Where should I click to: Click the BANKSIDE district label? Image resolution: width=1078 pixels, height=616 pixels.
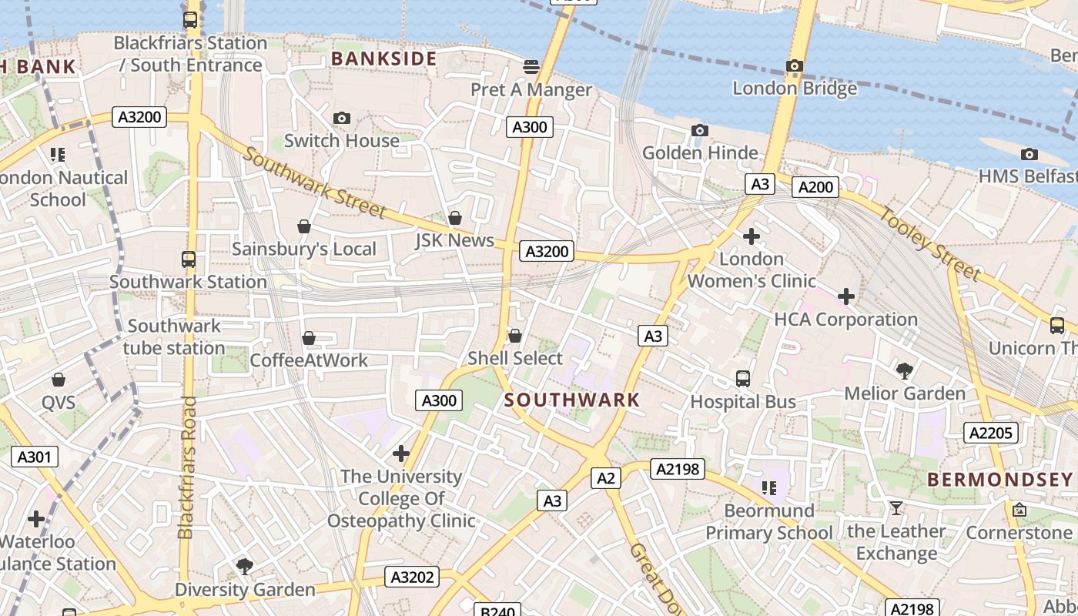tap(383, 59)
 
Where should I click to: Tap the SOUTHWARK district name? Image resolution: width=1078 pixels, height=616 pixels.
tap(572, 400)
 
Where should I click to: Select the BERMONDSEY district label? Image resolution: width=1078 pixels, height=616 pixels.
tap(999, 480)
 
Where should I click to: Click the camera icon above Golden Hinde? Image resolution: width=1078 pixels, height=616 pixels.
tap(699, 131)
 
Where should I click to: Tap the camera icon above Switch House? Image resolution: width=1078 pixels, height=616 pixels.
tap(342, 118)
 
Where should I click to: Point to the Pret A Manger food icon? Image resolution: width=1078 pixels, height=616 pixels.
tap(531, 67)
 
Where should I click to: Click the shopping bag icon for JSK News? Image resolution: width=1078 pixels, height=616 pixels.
tap(455, 218)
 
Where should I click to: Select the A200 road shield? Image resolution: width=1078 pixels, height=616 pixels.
tap(815, 187)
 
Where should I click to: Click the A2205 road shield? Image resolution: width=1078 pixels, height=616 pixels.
tap(990, 433)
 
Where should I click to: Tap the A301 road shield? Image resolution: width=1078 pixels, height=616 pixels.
tap(35, 457)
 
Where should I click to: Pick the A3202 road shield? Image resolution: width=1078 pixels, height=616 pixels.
tap(412, 577)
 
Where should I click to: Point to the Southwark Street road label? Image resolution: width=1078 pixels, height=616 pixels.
tap(315, 183)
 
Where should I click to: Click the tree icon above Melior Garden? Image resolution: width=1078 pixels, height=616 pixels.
tap(905, 371)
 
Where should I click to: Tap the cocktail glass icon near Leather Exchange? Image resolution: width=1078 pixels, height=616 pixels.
tap(896, 507)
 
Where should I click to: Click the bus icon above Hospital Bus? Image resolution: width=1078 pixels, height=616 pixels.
tap(743, 379)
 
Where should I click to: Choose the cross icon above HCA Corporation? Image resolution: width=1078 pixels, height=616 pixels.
tap(846, 296)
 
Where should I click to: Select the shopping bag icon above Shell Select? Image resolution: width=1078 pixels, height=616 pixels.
tap(515, 336)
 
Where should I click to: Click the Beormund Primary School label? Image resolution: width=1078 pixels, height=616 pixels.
tap(768, 521)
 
